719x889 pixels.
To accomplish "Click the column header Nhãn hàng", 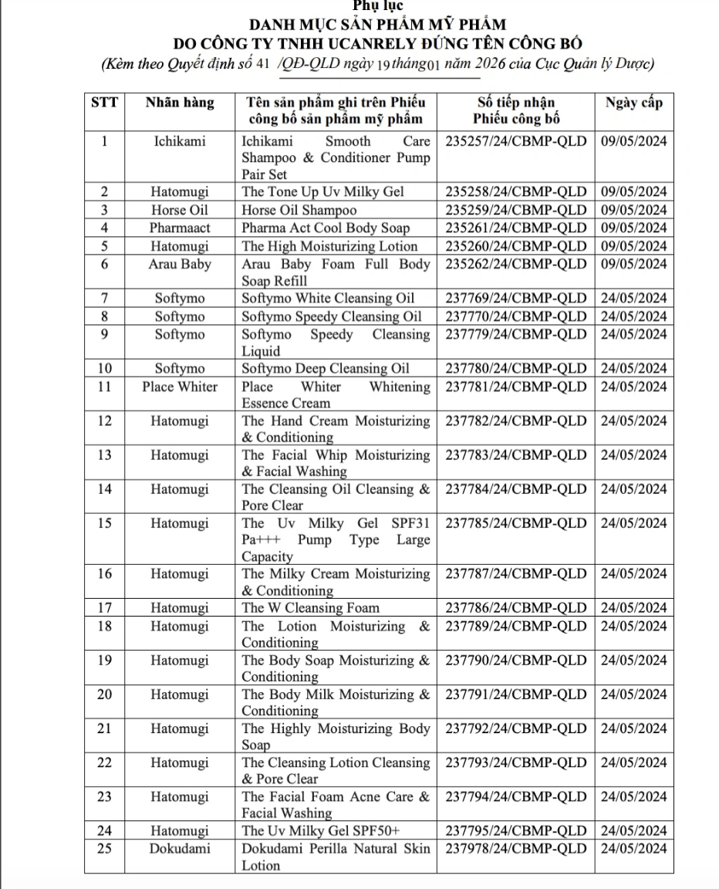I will point(180,103).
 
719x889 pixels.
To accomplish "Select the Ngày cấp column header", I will point(633,103).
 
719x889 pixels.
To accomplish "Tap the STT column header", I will point(104,103).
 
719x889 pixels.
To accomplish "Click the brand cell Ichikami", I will point(180,141).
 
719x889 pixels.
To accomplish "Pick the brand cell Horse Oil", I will point(180,210).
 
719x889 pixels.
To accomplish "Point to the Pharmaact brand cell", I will point(180,228).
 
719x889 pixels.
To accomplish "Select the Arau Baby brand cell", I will point(180,265).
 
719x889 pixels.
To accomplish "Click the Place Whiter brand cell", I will point(180,387).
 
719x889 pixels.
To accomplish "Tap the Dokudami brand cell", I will point(180,849).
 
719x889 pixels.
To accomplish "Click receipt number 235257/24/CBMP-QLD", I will point(516,141).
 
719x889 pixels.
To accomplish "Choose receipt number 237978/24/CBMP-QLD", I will point(516,849).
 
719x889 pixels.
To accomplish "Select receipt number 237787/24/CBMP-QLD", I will point(516,574).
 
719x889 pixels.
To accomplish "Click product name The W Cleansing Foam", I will point(311,608).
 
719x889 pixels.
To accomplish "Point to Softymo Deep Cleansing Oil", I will point(326,368).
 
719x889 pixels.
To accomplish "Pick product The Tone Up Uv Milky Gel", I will point(323,192).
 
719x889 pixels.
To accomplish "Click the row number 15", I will point(104,523).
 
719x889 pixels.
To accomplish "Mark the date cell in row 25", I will point(633,849).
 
